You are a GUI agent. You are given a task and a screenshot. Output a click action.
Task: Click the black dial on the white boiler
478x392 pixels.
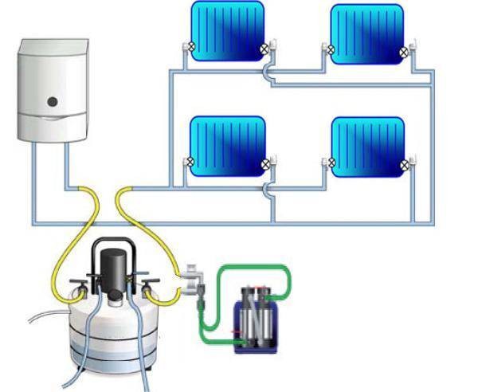point(52,102)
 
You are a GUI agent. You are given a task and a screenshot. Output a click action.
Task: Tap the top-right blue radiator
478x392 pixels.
point(367,33)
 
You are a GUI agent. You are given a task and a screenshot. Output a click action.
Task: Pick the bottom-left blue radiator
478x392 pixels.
point(227,146)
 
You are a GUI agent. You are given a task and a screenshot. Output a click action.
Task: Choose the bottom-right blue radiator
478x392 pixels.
point(367,147)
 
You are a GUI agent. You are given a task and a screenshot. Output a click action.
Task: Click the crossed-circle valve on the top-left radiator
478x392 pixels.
point(264,49)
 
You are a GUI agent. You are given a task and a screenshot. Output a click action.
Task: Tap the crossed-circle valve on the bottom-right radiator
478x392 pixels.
point(404,164)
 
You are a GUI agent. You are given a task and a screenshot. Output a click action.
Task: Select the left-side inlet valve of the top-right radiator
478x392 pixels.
point(328,49)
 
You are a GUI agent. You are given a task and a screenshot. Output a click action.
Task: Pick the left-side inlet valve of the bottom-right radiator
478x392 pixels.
point(328,163)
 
